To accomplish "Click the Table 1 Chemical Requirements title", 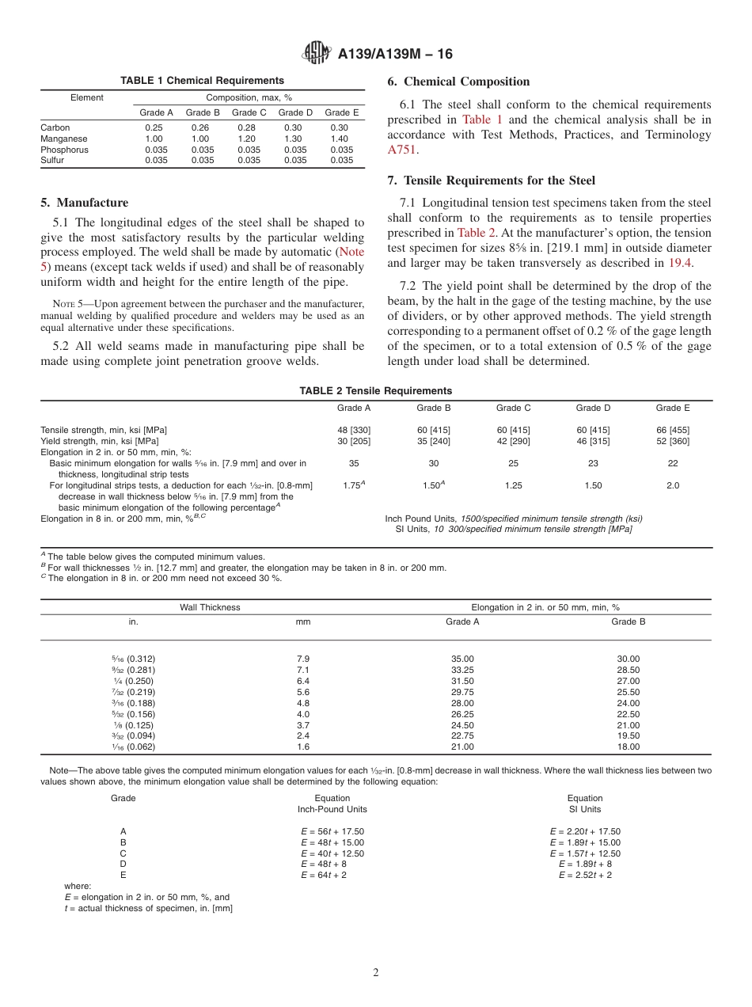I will coord(202,81).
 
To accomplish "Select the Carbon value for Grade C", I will coord(248,127).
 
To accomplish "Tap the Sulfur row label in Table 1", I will coord(52,160).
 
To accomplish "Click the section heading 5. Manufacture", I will coord(84,203).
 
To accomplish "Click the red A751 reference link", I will coord(402,149).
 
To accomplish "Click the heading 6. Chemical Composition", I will coord(458,82).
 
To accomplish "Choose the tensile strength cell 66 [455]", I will coord(672,430).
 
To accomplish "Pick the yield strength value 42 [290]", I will coord(513,441).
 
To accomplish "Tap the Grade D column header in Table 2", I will coord(593,408).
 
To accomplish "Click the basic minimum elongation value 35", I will coord(354,463).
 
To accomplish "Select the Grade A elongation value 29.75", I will coord(462,692).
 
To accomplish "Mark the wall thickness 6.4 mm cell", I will coord(303,681).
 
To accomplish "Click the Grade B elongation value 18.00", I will coord(628,747).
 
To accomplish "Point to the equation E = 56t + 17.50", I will coord(332,831).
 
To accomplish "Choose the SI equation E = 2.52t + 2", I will coord(585,875).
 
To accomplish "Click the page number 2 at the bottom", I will coord(376,972).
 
